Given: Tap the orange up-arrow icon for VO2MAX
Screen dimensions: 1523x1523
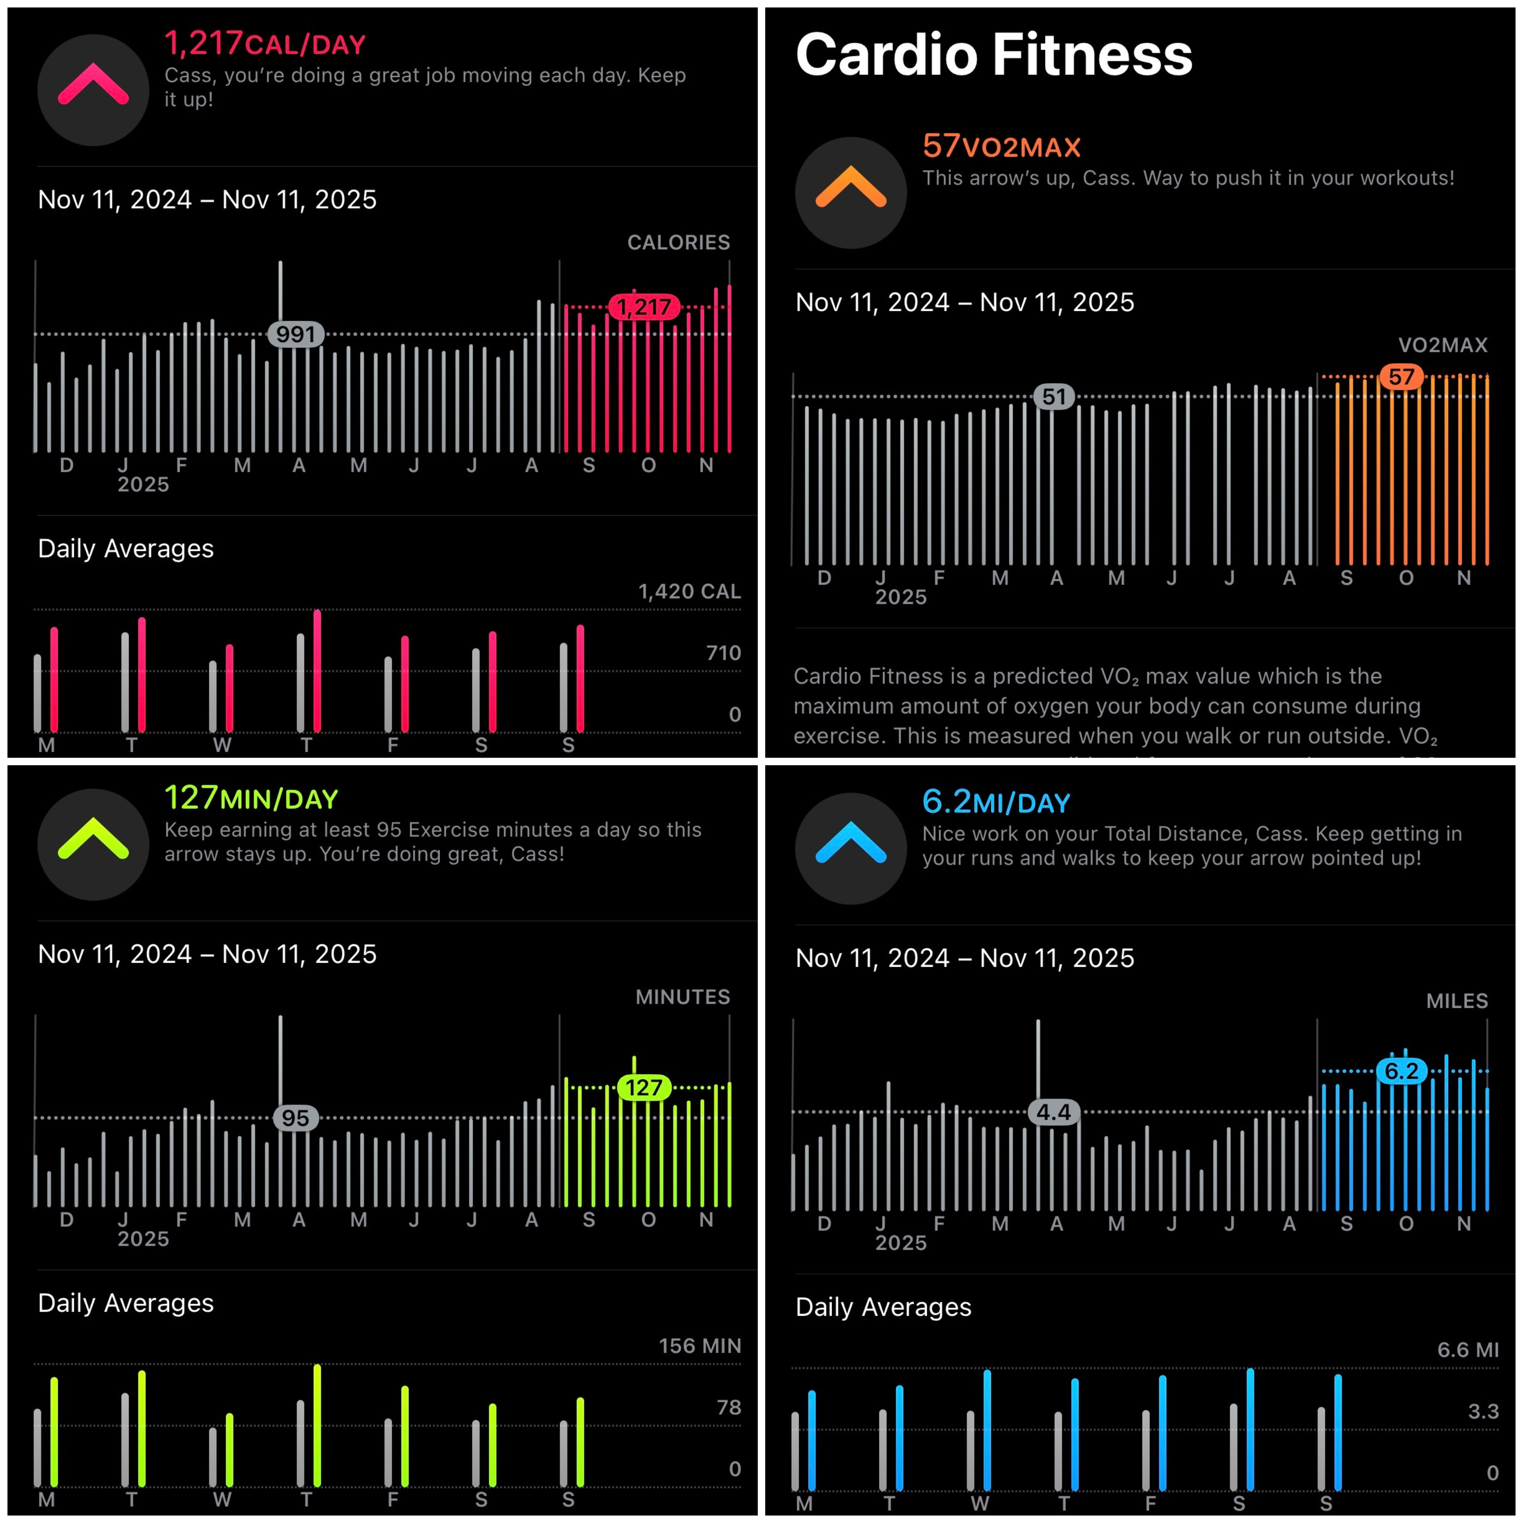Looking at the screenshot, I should point(851,192).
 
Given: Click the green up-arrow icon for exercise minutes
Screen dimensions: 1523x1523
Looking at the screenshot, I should point(93,844).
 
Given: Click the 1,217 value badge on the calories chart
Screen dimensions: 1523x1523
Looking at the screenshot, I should point(644,307).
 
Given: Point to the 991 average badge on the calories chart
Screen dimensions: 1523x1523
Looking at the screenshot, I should point(296,334).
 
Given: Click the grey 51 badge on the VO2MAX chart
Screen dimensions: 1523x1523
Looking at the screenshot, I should point(1054,397).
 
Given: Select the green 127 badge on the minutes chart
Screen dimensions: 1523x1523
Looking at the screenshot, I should point(644,1088).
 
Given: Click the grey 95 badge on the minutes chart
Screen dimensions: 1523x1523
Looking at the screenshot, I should point(296,1118).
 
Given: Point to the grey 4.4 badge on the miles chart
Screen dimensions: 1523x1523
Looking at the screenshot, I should point(1054,1112).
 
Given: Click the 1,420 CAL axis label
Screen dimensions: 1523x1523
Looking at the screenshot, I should point(689,591).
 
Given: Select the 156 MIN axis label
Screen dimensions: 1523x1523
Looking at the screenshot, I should point(699,1346).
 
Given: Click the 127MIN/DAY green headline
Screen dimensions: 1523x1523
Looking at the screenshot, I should point(251,798).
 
